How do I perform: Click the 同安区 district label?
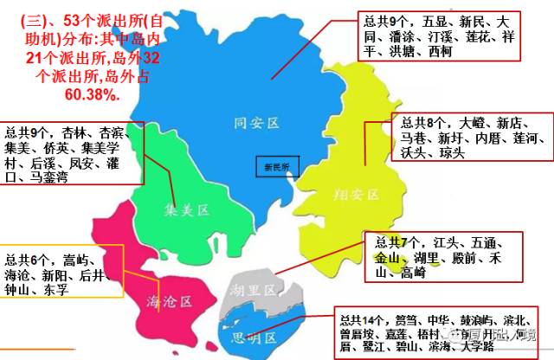257,124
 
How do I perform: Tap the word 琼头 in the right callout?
451,153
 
